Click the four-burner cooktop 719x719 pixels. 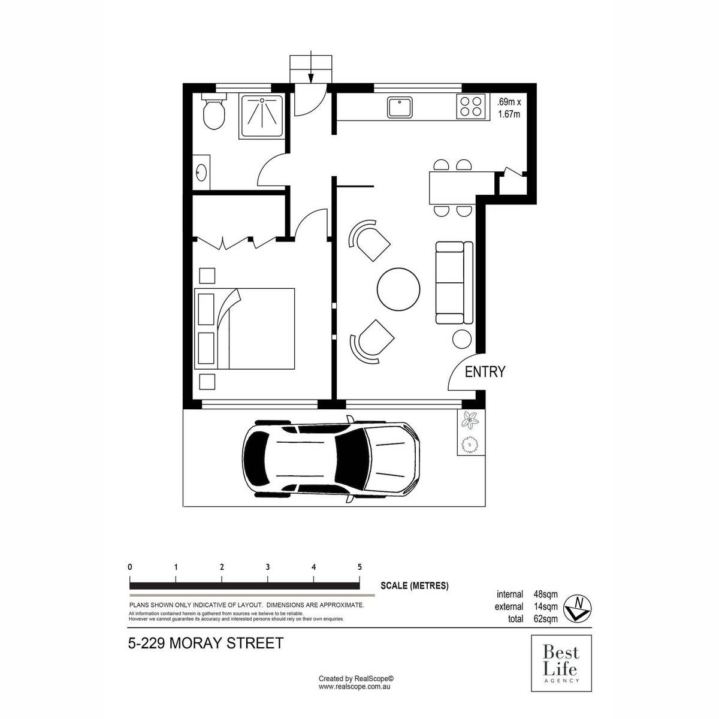(470, 107)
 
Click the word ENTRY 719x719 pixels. (485, 372)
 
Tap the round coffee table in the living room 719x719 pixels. (398, 288)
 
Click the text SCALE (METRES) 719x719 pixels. (414, 586)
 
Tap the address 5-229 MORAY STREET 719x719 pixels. (206, 644)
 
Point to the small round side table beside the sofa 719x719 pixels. (462, 339)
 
